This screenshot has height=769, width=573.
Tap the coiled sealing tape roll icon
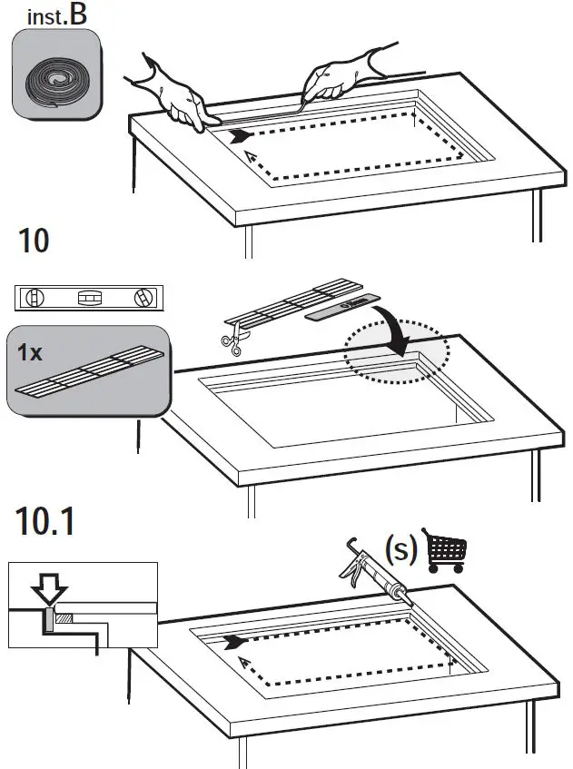pyautogui.click(x=56, y=74)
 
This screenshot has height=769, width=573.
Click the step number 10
pyautogui.click(x=34, y=241)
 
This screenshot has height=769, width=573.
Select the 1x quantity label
pyautogui.click(x=30, y=353)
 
